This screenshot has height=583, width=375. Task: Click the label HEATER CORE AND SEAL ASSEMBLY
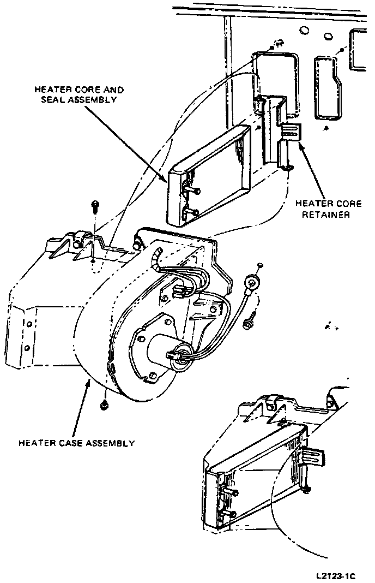point(79,94)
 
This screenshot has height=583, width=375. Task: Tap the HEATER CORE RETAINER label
point(328,209)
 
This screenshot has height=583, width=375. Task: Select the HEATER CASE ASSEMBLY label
point(76,443)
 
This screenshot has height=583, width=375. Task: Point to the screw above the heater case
point(95,206)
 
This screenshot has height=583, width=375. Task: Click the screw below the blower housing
point(104,405)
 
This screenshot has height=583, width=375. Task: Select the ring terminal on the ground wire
point(251,283)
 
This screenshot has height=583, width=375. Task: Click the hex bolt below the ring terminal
point(249,323)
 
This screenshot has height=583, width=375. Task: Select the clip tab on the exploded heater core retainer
point(292,131)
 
